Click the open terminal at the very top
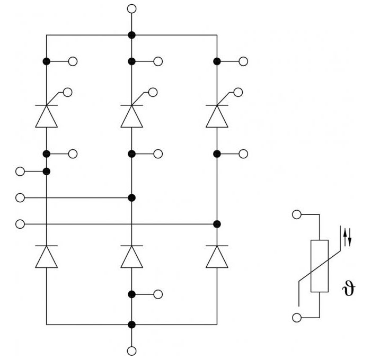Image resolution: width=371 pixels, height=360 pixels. [x=132, y=9]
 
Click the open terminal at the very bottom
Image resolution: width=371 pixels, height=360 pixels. [x=132, y=351]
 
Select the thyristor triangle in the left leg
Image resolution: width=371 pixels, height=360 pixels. [x=47, y=116]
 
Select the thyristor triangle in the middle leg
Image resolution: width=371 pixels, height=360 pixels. [x=132, y=116]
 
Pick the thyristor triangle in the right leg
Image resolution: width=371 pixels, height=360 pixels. [x=217, y=116]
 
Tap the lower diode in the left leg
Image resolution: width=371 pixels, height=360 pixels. [x=47, y=257]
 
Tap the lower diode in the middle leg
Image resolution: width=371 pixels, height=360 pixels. [x=132, y=257]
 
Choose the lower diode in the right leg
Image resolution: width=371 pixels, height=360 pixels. [x=217, y=257]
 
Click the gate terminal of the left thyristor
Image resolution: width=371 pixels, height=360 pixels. [x=68, y=92]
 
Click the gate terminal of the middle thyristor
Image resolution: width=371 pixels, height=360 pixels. [x=153, y=92]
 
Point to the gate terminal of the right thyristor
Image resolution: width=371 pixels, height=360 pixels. [x=238, y=92]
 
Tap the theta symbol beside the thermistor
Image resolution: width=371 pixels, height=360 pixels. [x=349, y=288]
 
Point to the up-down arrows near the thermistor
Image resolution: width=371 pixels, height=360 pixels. [x=347, y=237]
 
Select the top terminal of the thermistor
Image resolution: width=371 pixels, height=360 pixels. [x=297, y=214]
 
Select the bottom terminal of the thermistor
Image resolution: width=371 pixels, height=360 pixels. [x=297, y=318]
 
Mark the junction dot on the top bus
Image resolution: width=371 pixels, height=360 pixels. [x=132, y=35]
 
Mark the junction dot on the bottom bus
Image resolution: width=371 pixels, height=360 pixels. [x=132, y=325]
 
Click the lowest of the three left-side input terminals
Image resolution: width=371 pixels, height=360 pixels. [x=20, y=224]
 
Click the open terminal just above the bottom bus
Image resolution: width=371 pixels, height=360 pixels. [x=158, y=294]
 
